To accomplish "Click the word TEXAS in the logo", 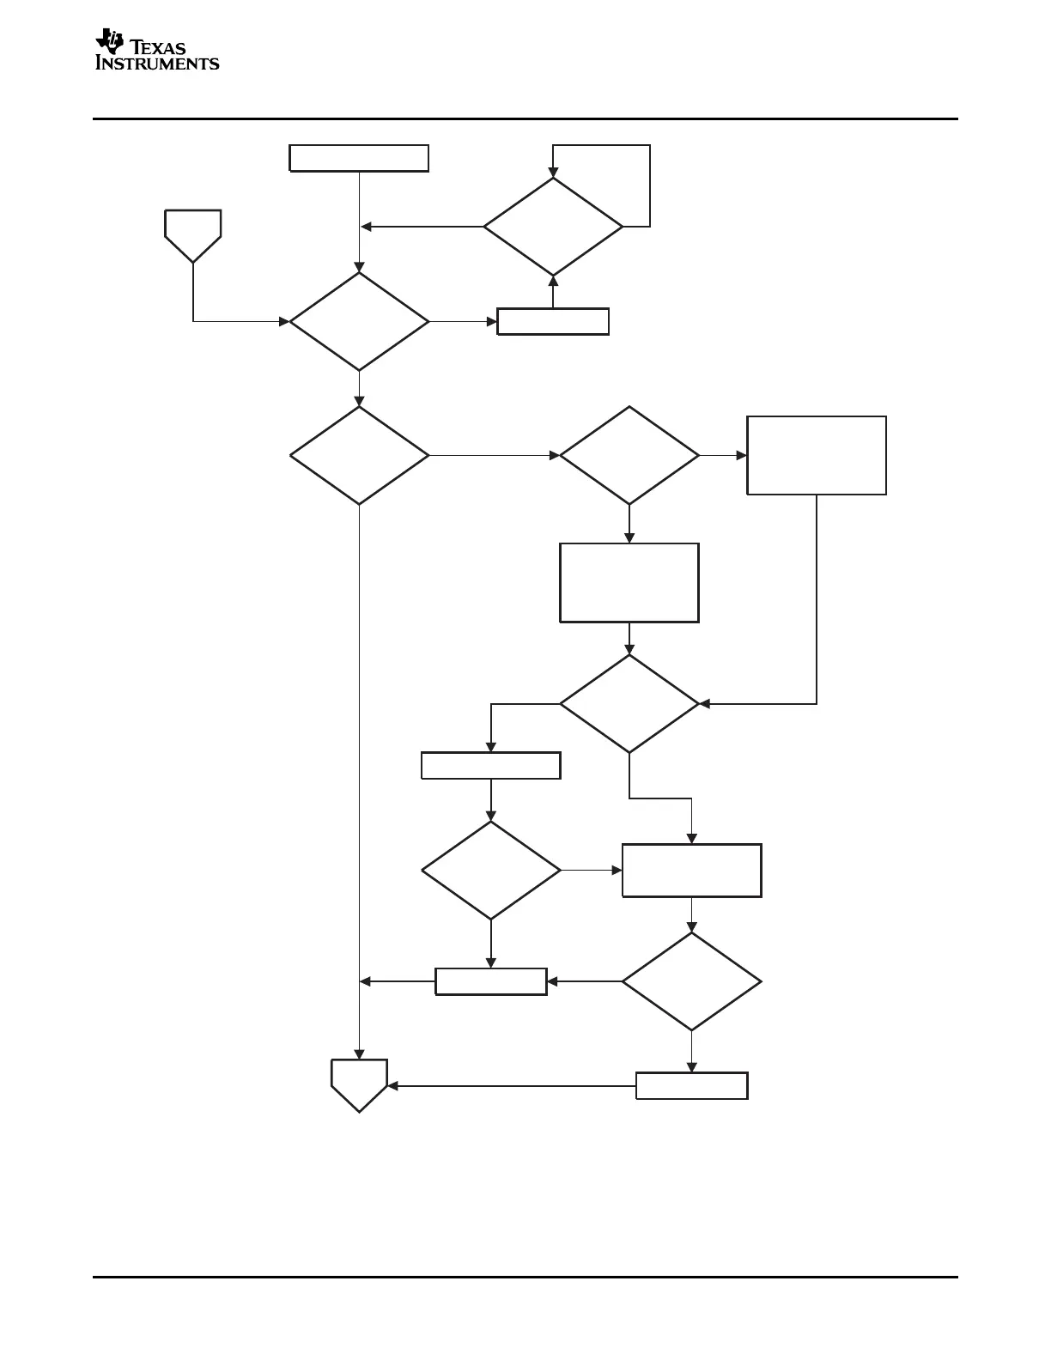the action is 158,48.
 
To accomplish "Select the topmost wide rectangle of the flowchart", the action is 359,159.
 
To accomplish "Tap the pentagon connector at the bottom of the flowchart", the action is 359,1084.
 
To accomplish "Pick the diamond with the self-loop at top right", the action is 553,227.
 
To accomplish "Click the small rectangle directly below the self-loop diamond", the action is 553,321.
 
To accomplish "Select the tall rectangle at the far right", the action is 817,455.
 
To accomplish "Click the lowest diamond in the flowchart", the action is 691,981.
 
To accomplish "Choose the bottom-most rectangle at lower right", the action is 691,1085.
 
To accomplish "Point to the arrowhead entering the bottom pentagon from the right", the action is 392,1086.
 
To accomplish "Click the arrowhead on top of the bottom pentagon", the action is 359,1054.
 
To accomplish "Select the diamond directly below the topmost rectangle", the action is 359,321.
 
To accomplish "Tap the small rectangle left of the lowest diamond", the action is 490,981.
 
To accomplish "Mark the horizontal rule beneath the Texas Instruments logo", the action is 525,119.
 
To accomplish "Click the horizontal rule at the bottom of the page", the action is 525,1277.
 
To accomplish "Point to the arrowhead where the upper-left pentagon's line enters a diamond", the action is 284,322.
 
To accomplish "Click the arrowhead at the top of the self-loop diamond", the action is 553,173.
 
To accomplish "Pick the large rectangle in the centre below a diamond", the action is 629,582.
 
